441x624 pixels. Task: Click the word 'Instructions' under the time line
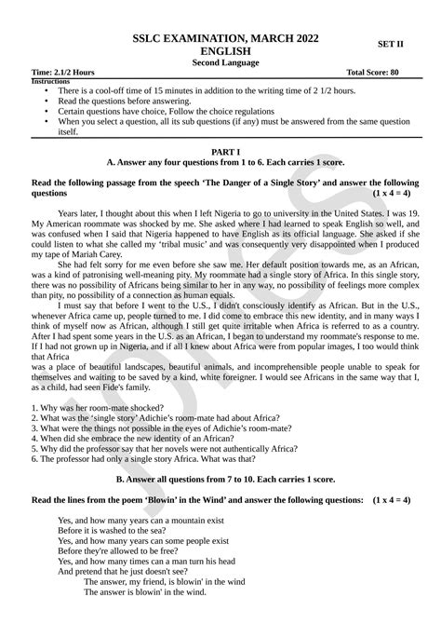coord(51,82)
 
